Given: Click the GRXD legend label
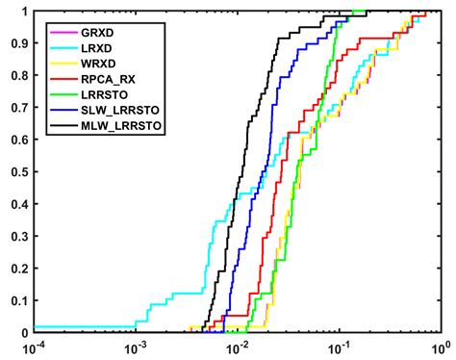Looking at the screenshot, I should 94,30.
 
